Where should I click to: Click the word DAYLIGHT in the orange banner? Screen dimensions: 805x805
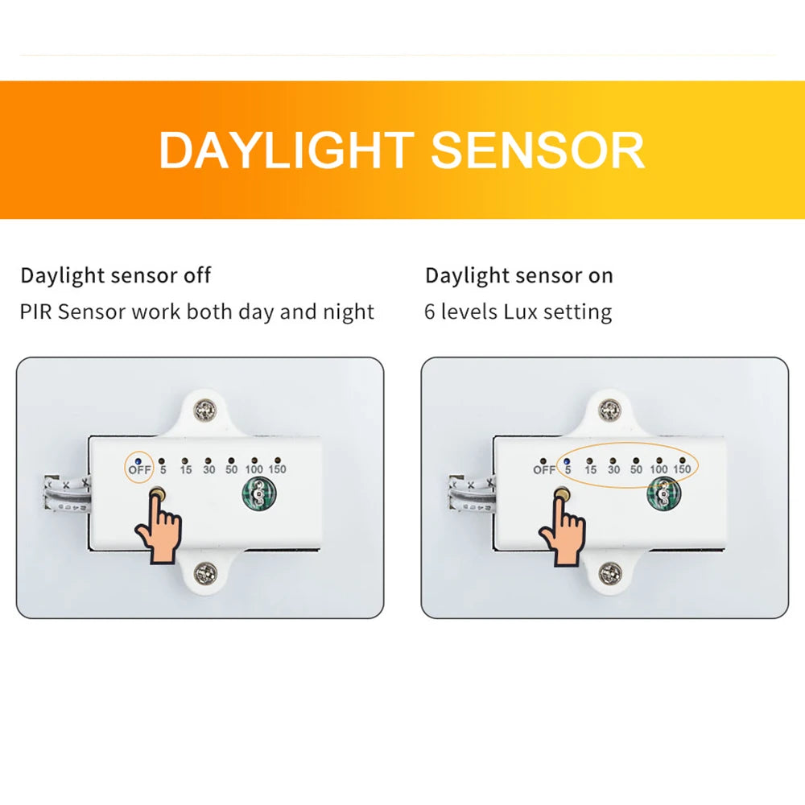click(x=286, y=150)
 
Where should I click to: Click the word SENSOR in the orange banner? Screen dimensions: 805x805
click(x=538, y=150)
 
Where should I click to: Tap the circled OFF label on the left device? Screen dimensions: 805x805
click(x=139, y=469)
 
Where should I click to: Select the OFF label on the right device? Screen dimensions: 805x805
click(x=544, y=469)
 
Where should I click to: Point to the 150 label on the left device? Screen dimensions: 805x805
click(x=276, y=469)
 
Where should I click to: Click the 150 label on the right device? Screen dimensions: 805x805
click(x=681, y=469)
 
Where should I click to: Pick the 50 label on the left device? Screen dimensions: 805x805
click(x=231, y=469)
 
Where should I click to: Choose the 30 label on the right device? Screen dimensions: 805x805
click(x=613, y=469)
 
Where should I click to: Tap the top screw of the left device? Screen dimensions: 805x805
click(x=206, y=411)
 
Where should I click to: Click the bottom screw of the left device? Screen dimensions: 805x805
click(x=205, y=573)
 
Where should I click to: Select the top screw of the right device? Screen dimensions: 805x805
click(x=610, y=411)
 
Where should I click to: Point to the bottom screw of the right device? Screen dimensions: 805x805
click(x=610, y=573)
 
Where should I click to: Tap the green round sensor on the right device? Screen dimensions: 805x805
click(x=663, y=494)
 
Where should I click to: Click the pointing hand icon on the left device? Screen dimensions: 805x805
click(x=159, y=531)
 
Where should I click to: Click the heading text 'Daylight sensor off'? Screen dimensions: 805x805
click(x=115, y=275)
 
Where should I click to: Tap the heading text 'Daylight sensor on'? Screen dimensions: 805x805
click(x=518, y=275)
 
